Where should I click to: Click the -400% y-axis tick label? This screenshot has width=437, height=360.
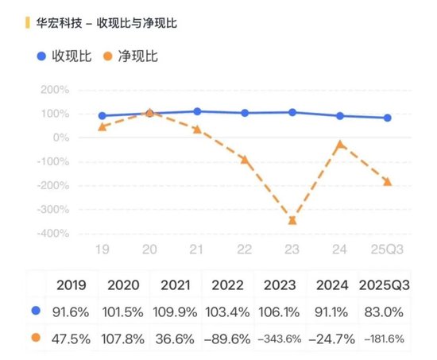(x=52, y=234)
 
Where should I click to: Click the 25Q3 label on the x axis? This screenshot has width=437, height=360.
(x=387, y=250)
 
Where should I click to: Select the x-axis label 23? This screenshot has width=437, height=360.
(x=292, y=250)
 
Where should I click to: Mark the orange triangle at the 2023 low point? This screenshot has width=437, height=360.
(x=292, y=220)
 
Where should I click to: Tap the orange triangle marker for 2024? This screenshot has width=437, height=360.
(x=340, y=145)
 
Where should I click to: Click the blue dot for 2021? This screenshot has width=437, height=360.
(x=197, y=112)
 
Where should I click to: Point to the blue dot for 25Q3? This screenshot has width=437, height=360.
(x=387, y=118)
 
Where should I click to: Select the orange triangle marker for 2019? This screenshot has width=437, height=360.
(x=102, y=127)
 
